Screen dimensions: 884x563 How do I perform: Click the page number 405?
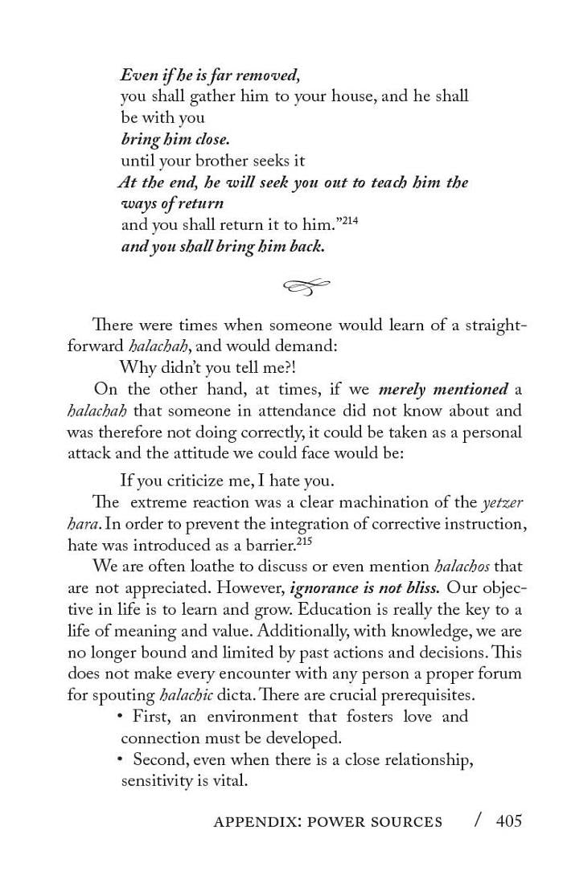point(509,821)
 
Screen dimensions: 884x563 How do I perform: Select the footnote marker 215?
point(302,540)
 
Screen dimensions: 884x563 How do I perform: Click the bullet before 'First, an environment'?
point(120,714)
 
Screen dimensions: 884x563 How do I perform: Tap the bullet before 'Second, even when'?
point(120,758)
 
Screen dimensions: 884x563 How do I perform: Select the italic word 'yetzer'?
point(503,502)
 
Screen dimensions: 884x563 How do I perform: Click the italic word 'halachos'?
point(463,566)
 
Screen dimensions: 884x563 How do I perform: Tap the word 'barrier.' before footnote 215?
point(269,544)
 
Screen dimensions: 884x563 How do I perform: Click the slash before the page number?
point(479,820)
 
